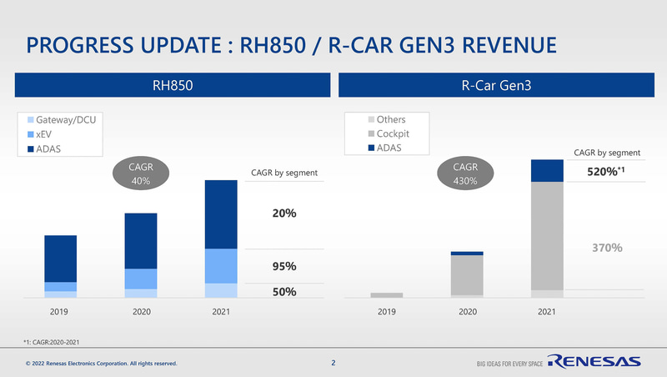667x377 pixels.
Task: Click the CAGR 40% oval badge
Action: pyautogui.click(x=139, y=174)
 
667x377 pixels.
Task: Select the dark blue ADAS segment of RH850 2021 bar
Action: pyautogui.click(x=220, y=214)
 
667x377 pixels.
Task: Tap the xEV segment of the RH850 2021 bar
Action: pyautogui.click(x=220, y=266)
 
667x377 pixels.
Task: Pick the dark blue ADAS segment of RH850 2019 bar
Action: pyautogui.click(x=60, y=259)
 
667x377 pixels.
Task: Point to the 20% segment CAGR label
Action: pyautogui.click(x=285, y=214)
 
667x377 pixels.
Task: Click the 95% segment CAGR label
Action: pyautogui.click(x=285, y=267)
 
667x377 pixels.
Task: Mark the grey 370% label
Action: pyautogui.click(x=606, y=248)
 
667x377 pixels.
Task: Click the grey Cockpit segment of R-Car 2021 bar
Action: pyautogui.click(x=547, y=236)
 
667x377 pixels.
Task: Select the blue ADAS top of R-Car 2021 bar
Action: pyautogui.click(x=547, y=170)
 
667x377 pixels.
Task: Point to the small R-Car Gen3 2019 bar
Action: pyautogui.click(x=387, y=295)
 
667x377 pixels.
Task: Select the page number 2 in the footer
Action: pyautogui.click(x=333, y=363)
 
